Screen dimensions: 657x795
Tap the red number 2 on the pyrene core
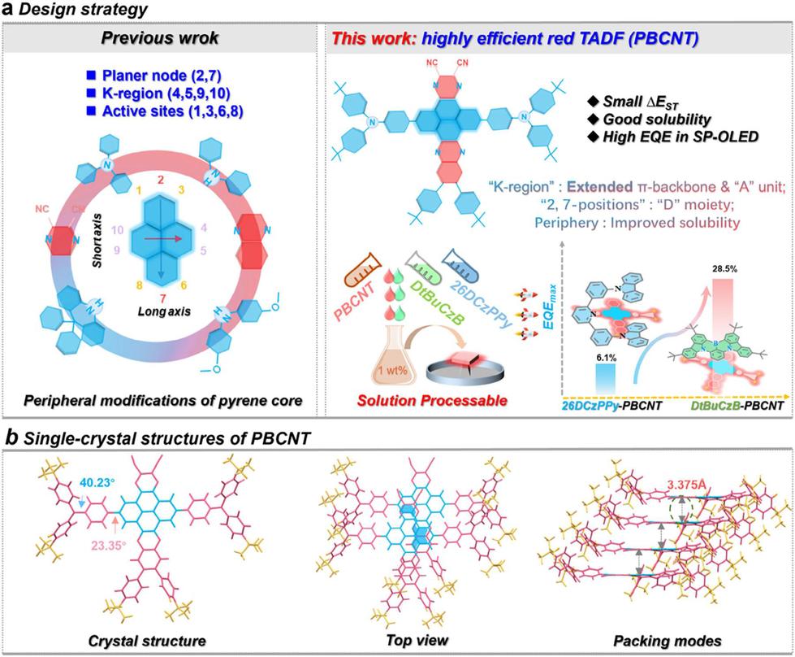pos(161,178)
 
